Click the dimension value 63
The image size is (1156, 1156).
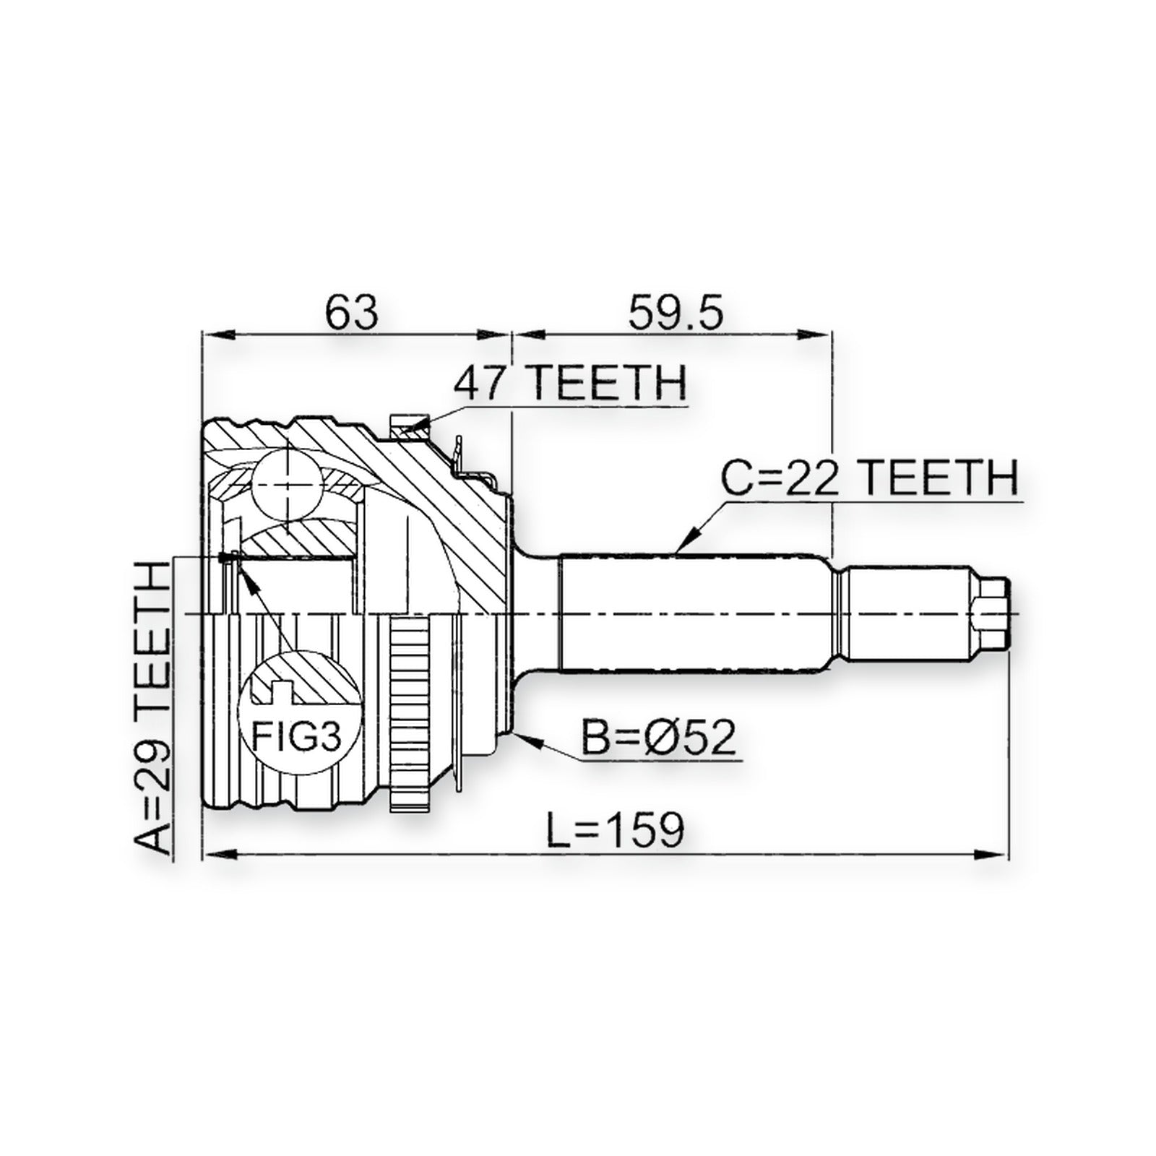click(351, 312)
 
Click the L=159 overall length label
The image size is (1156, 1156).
click(614, 830)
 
